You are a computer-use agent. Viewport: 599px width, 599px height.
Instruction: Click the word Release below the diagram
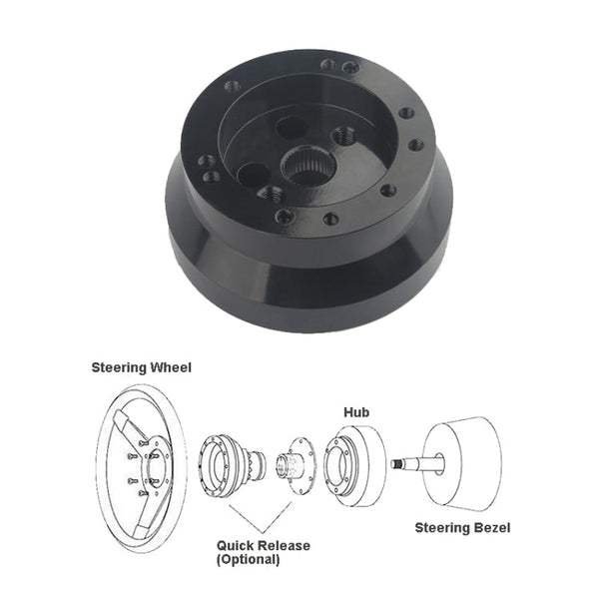(x=284, y=546)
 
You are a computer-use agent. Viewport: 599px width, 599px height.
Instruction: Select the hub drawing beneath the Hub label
(x=356, y=462)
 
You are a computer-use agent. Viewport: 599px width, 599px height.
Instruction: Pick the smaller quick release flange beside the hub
(x=294, y=464)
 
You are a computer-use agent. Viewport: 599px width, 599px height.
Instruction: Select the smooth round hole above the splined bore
(x=291, y=127)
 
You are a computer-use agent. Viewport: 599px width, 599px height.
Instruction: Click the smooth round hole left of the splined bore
(x=251, y=175)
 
